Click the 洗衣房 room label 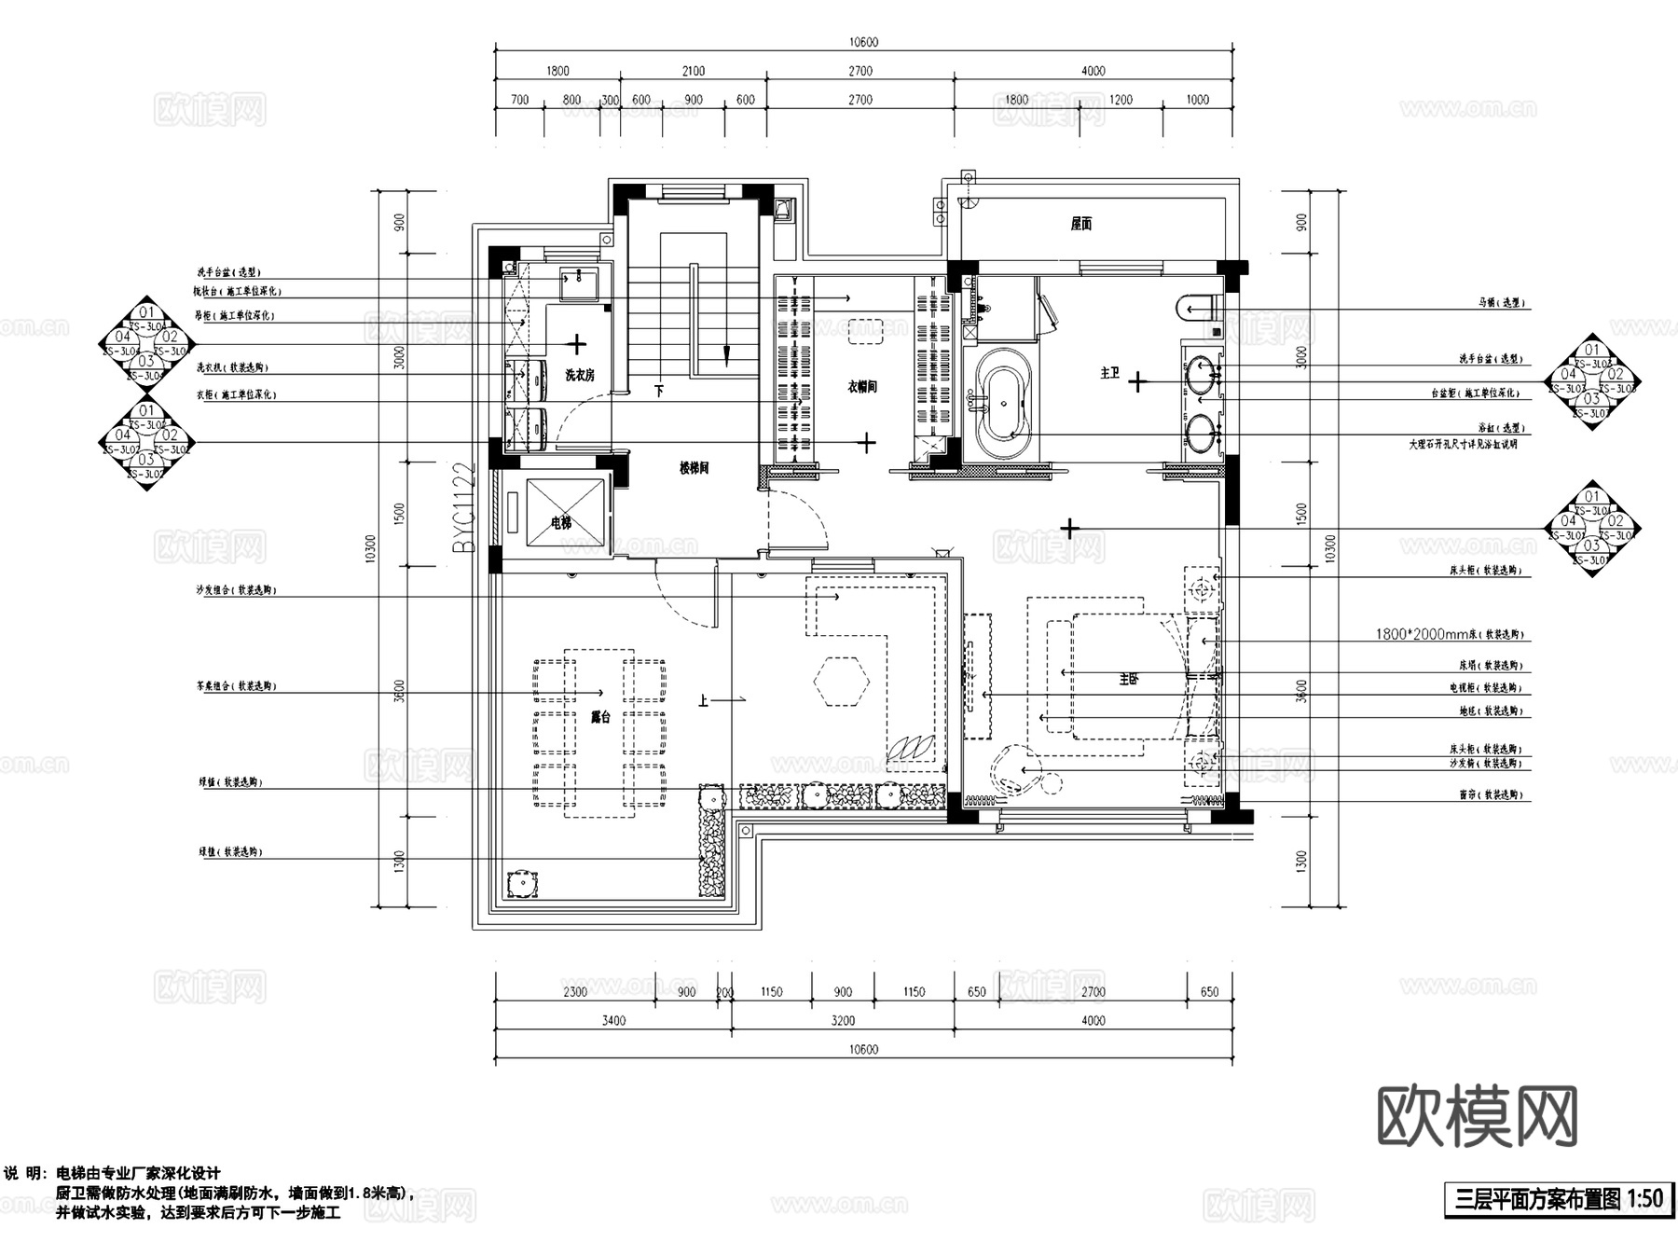coord(580,375)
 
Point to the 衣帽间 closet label coord(861,386)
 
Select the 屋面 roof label coord(1080,224)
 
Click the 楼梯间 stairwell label coord(693,468)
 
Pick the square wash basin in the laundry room coord(581,283)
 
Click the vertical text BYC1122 coord(464,508)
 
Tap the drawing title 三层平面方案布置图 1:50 coord(1554,1198)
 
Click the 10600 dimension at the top coord(863,42)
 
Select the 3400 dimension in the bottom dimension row coord(612,1020)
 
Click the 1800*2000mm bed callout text coord(1449,634)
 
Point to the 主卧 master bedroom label coord(1128,679)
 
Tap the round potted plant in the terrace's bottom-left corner coord(523,883)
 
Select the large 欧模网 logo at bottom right coord(1478,1116)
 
